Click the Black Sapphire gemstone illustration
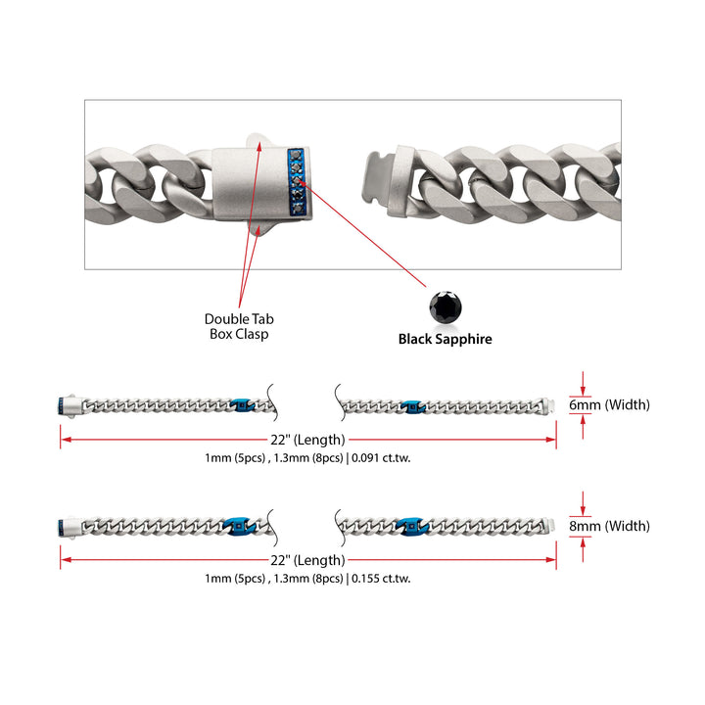(446, 307)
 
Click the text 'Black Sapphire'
(446, 339)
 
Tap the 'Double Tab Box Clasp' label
(239, 326)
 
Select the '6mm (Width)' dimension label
(609, 404)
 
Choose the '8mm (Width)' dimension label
(609, 526)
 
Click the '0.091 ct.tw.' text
(381, 458)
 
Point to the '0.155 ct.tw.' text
(381, 579)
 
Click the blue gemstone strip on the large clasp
(297, 182)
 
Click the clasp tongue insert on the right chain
(378, 180)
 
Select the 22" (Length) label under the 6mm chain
(307, 440)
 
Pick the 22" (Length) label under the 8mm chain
(307, 560)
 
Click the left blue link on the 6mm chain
(243, 404)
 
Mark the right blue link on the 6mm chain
(413, 406)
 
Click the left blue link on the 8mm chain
(240, 526)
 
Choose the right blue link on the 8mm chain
(412, 526)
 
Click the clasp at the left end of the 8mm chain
(70, 527)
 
